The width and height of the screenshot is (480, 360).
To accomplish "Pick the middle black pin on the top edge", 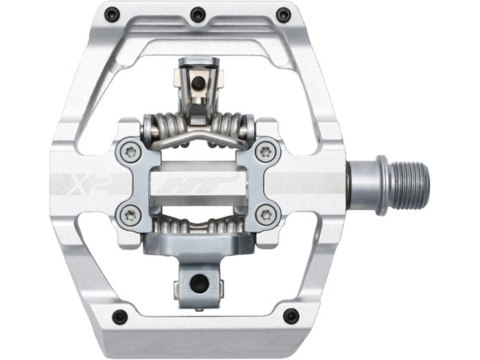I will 198,14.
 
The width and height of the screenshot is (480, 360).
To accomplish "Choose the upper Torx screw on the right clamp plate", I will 266,152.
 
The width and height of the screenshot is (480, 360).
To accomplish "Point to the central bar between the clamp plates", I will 198,184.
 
